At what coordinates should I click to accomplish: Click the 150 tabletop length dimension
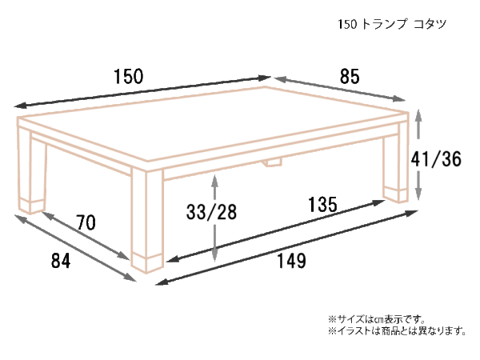click(129, 77)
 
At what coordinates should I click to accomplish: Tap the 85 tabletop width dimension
click(350, 77)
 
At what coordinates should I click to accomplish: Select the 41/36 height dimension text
click(436, 159)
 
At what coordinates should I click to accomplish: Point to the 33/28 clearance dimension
click(211, 212)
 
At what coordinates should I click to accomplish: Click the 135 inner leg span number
click(322, 205)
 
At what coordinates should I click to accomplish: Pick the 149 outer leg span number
click(291, 261)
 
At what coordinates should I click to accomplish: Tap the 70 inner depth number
click(86, 222)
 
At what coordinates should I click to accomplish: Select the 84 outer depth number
click(61, 261)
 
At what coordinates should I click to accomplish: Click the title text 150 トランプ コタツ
click(392, 24)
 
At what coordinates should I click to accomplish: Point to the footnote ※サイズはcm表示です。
click(377, 319)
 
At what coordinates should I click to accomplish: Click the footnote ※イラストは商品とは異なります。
click(398, 331)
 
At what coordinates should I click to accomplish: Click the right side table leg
click(395, 162)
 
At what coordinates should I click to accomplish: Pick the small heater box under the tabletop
click(273, 162)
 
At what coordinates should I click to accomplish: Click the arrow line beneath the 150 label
click(142, 92)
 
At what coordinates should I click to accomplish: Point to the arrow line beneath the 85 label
click(340, 89)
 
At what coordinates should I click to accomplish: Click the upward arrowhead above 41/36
click(418, 116)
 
